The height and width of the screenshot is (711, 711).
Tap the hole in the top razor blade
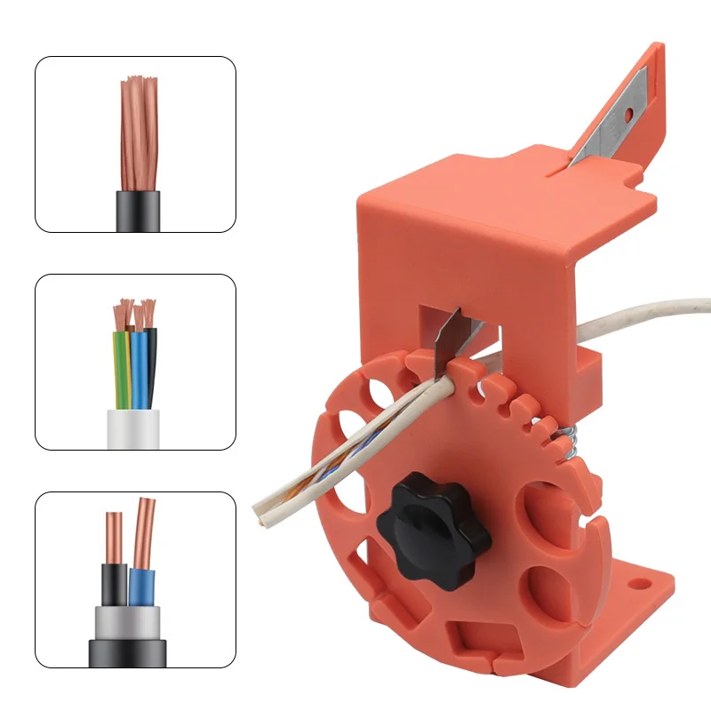pos(629,114)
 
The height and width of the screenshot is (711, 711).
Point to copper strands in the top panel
pos(139,133)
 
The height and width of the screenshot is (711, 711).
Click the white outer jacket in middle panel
pos(132,428)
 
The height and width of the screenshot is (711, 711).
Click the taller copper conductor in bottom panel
pos(144,533)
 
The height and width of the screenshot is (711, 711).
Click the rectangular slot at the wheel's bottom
pos(476,638)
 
